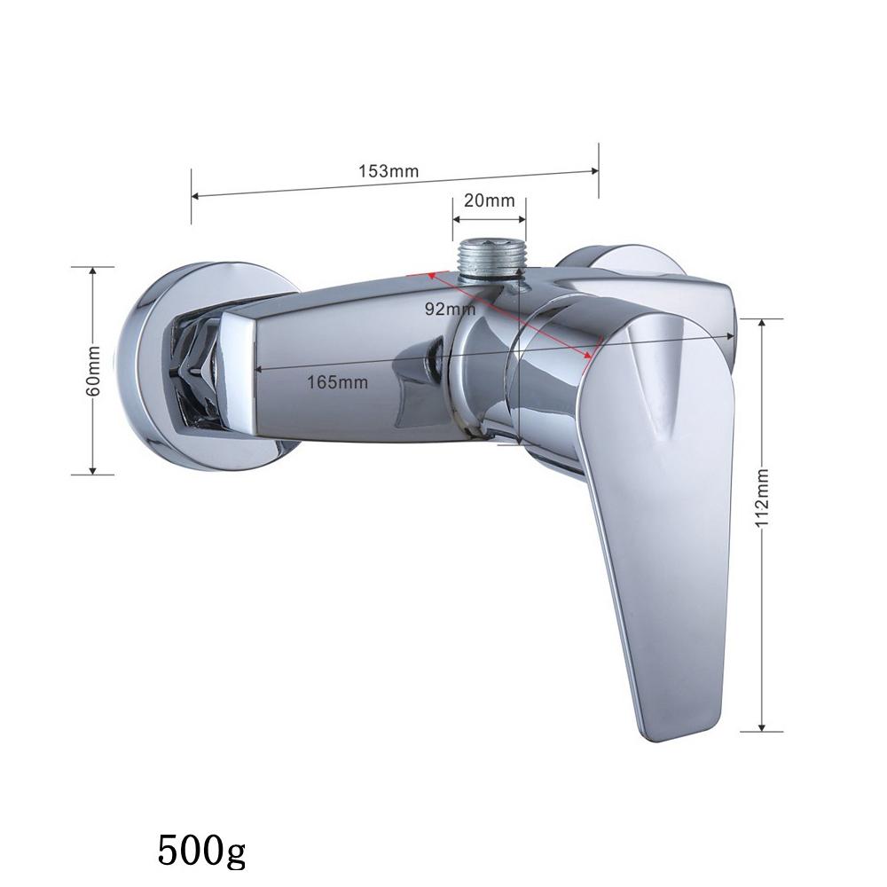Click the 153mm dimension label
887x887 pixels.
click(389, 171)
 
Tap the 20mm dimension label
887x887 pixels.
click(490, 200)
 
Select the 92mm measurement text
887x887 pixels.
click(451, 309)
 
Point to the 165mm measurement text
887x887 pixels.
click(337, 382)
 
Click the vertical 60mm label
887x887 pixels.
click(93, 371)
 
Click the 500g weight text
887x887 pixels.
click(201, 850)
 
